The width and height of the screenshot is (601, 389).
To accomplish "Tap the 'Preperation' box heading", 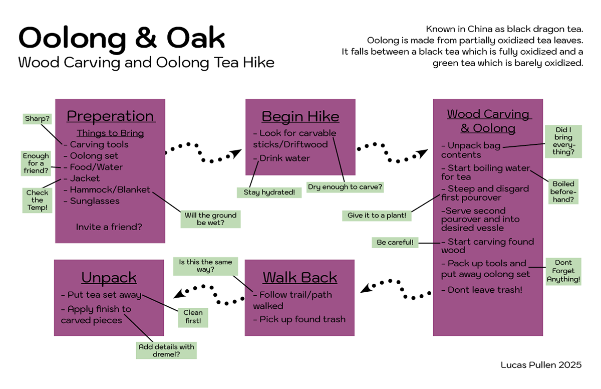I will pyautogui.click(x=111, y=116).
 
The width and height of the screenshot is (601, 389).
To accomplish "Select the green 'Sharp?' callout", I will pyautogui.click(x=37, y=119).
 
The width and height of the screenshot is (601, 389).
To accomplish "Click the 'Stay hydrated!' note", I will pyautogui.click(x=269, y=192).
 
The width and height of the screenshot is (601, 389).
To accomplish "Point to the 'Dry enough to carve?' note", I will pyautogui.click(x=345, y=187).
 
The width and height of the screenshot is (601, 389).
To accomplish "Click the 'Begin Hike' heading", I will pyautogui.click(x=300, y=117).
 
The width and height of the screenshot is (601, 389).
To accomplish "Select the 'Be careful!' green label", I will pyautogui.click(x=395, y=243).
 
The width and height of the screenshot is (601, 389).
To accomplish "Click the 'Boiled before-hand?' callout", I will pyautogui.click(x=562, y=191).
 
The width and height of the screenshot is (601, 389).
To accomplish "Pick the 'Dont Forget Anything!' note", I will pyautogui.click(x=563, y=271).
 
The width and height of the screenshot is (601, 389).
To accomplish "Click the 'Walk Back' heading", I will pyautogui.click(x=299, y=277).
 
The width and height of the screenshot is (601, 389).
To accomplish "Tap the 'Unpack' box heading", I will pyautogui.click(x=109, y=278).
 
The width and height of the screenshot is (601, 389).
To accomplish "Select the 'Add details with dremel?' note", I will pyautogui.click(x=166, y=350).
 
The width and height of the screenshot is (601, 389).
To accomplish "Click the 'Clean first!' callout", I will pyautogui.click(x=193, y=316).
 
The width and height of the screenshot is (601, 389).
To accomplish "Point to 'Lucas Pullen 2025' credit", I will pyautogui.click(x=541, y=365).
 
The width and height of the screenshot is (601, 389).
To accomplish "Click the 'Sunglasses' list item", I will pyautogui.click(x=94, y=201).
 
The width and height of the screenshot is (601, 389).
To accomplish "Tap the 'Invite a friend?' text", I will pyautogui.click(x=109, y=227).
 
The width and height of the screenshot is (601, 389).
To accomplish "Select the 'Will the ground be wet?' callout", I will pyautogui.click(x=210, y=219).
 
